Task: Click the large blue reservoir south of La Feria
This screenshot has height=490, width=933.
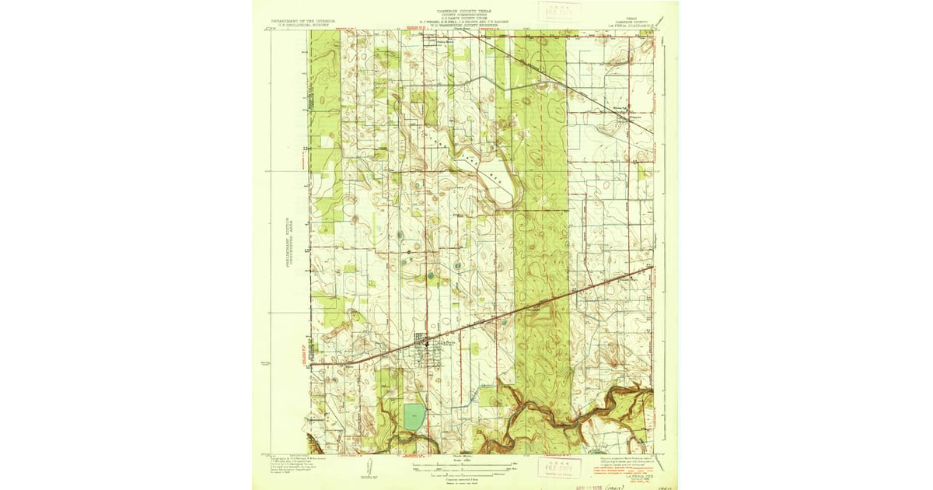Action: [414, 417]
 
